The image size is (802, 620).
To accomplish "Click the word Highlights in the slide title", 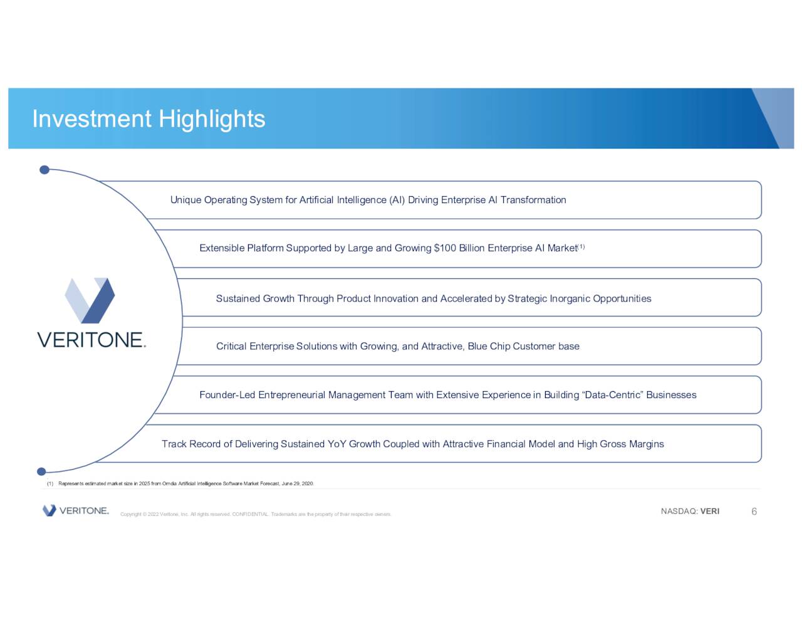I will tap(212, 119).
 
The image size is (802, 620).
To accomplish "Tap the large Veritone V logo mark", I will tap(90, 300).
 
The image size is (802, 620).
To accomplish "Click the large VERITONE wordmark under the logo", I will tap(91, 340).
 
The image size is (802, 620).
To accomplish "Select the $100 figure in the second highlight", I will tap(445, 248).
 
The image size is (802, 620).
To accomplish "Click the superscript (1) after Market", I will tap(581, 246).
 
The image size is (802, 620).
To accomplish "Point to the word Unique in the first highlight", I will tap(185, 200).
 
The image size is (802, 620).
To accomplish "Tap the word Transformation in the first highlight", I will tap(533, 200).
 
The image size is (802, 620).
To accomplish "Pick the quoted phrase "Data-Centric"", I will tap(613, 395).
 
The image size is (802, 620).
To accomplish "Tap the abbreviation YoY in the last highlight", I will tap(337, 444).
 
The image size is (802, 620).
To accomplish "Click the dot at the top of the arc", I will tap(44, 170).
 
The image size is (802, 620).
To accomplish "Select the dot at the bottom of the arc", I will tap(41, 471).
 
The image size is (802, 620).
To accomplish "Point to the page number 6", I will tap(754, 512).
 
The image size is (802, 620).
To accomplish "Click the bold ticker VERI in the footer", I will tap(710, 512).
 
